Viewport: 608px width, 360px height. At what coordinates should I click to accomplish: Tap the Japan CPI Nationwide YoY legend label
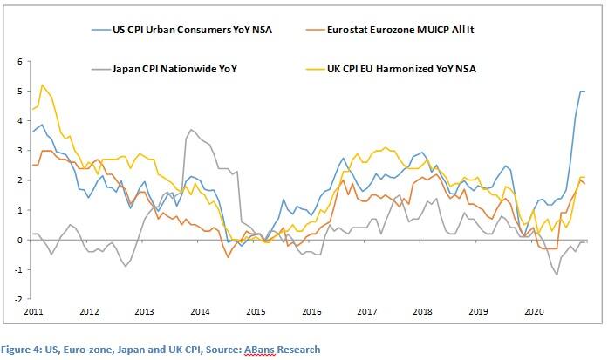(181, 68)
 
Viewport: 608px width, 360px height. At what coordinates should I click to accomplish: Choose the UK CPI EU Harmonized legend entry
(421, 68)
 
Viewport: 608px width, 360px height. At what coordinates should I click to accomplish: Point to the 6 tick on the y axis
(18, 62)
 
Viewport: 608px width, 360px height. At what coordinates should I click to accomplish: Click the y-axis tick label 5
(18, 92)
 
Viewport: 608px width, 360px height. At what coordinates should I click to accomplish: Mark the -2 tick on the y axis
(17, 299)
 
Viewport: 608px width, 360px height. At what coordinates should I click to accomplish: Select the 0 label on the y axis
(18, 240)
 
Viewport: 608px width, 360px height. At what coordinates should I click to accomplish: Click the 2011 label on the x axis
(32, 311)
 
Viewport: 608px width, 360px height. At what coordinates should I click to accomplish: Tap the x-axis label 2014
(199, 311)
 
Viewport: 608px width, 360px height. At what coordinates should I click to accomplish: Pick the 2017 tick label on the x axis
(366, 311)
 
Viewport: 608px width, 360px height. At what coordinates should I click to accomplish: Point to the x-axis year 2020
(533, 311)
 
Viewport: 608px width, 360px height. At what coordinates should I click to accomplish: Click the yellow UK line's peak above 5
(42, 85)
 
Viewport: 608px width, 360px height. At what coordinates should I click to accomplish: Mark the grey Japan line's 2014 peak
(191, 130)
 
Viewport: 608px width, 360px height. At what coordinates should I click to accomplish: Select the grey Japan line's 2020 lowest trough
(557, 275)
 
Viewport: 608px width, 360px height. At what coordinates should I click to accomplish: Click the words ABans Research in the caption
(285, 350)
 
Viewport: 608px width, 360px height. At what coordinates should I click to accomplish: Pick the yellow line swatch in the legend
(323, 68)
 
